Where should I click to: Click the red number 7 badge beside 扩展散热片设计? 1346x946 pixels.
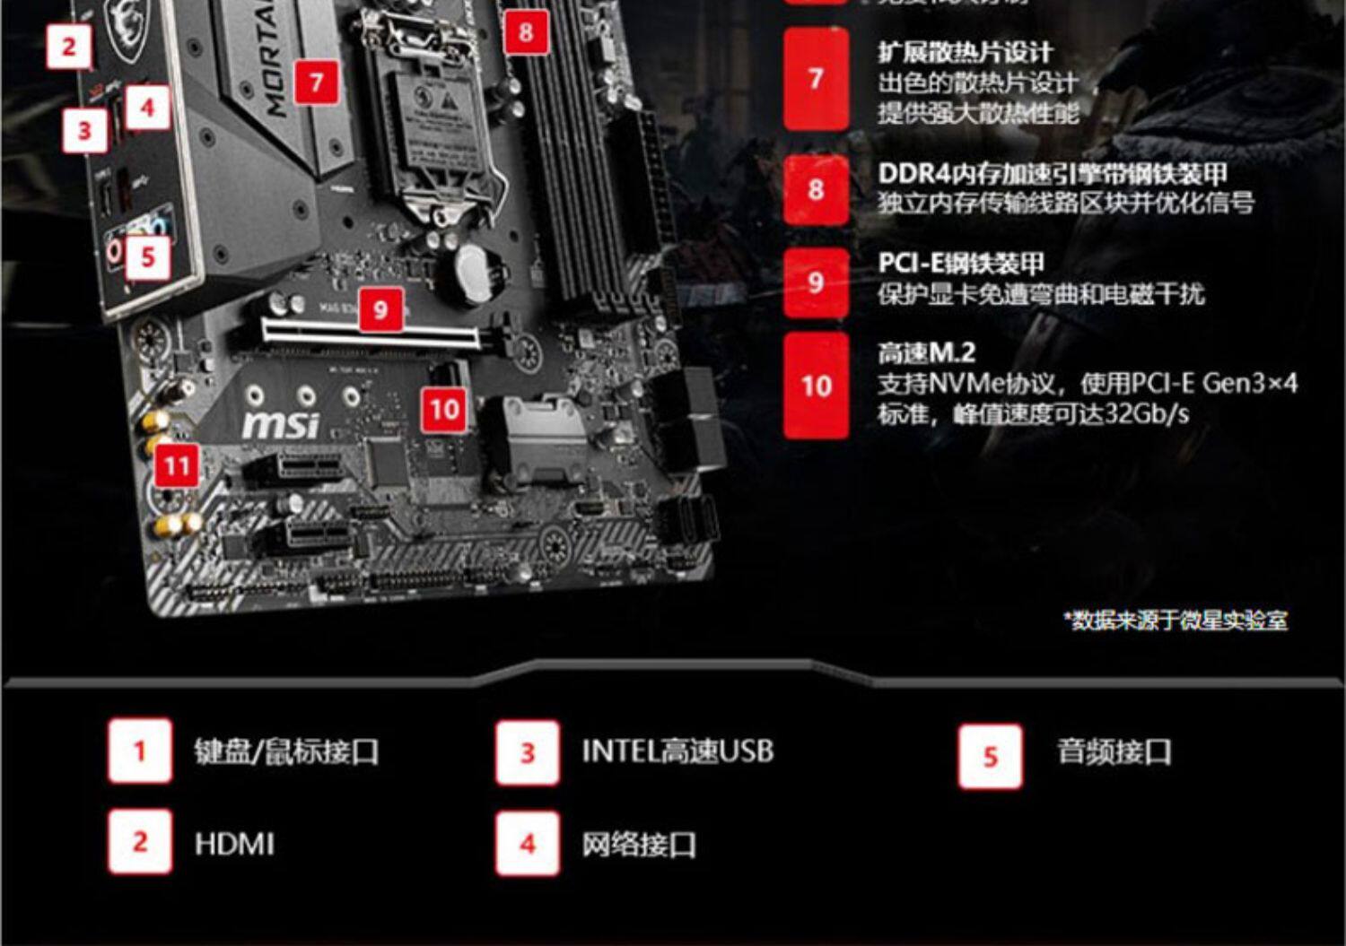click(x=816, y=79)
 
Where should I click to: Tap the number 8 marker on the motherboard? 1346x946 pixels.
click(x=526, y=33)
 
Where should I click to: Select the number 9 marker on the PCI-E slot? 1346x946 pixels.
click(x=381, y=309)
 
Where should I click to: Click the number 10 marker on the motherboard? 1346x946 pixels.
click(x=444, y=410)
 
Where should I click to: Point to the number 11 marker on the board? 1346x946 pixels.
click(x=177, y=465)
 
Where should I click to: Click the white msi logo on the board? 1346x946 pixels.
click(x=281, y=423)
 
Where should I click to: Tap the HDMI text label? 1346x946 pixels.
click(x=234, y=844)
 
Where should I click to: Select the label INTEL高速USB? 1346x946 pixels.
click(x=677, y=751)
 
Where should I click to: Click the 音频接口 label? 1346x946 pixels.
click(x=1114, y=751)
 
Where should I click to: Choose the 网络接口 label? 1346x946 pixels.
click(x=639, y=844)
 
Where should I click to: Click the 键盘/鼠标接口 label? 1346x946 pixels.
click(x=286, y=751)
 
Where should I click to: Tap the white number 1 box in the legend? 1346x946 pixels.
click(x=140, y=751)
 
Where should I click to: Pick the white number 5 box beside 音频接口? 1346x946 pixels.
click(x=990, y=756)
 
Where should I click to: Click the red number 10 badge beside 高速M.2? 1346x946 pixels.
click(x=816, y=386)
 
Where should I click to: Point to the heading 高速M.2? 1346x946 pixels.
click(x=926, y=352)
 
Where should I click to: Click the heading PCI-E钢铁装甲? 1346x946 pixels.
click(x=961, y=263)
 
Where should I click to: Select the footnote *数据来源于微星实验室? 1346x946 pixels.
click(x=1176, y=620)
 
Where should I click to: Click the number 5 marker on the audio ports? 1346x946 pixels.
click(x=148, y=258)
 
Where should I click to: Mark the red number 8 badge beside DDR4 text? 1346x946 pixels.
click(x=816, y=190)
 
